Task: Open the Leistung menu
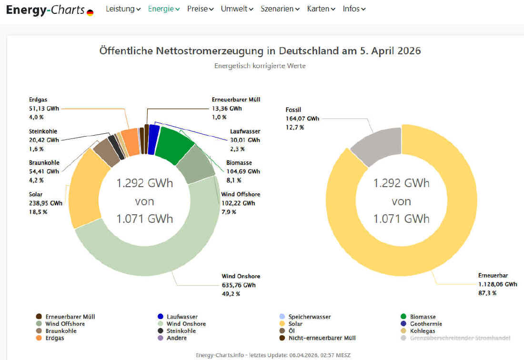123,9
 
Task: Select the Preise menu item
200,9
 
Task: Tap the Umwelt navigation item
237,9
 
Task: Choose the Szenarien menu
280,9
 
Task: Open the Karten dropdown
321,9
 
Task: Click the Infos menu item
354,9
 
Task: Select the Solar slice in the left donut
86,190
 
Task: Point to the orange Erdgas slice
130,142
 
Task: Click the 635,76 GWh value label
239,285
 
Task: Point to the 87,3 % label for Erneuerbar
487,293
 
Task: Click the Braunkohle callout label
44,163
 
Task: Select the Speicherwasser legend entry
309,317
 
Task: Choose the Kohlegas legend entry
423,331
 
